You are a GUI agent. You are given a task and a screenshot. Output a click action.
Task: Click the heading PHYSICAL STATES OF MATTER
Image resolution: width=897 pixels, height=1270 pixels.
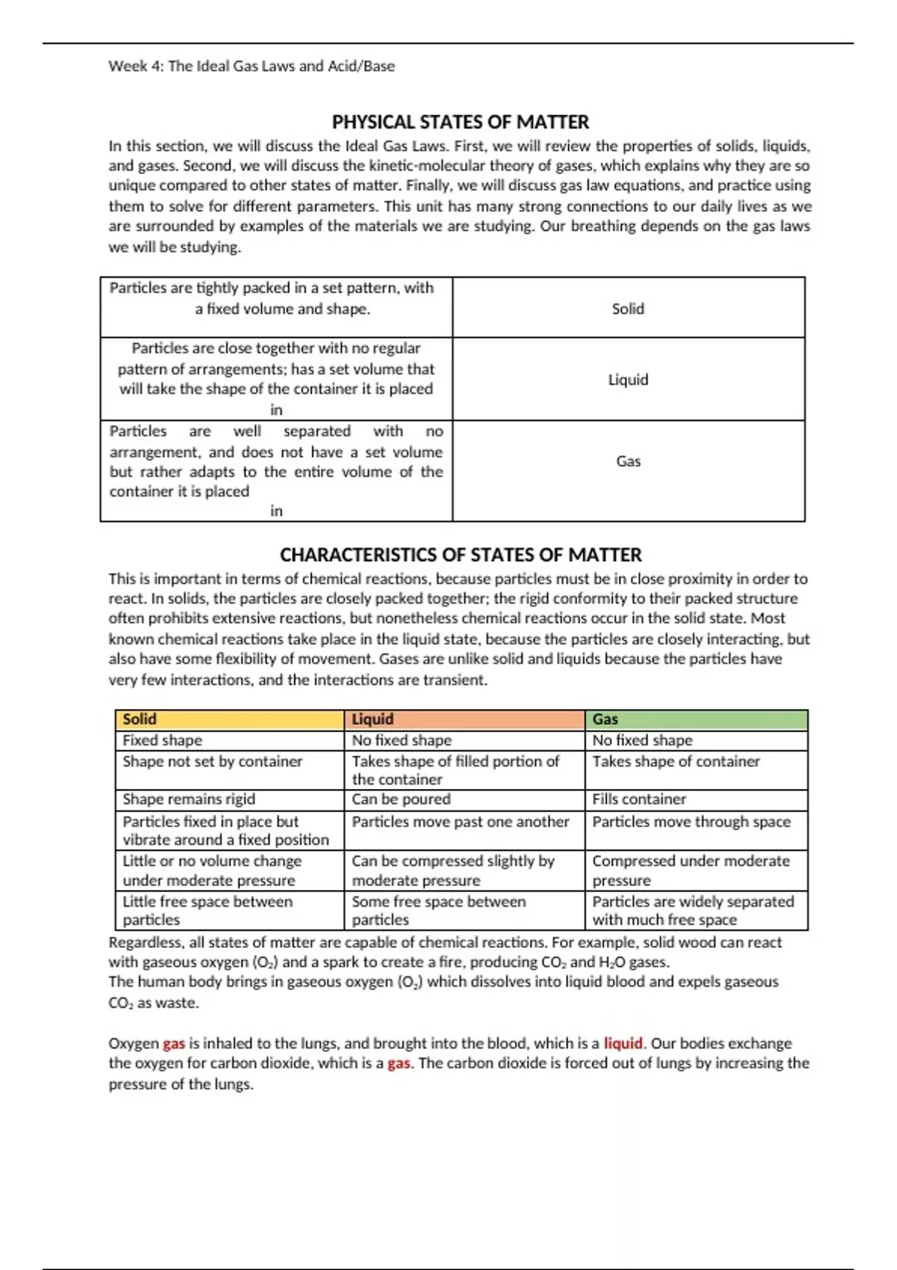coord(460,122)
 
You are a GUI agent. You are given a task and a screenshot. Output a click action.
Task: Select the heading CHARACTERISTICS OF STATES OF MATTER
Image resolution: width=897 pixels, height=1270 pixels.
coord(460,555)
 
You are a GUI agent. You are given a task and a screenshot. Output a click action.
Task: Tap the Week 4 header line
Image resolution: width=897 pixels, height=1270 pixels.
coord(251,66)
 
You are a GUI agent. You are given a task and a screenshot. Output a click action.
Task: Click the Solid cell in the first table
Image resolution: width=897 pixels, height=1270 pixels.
coord(628,309)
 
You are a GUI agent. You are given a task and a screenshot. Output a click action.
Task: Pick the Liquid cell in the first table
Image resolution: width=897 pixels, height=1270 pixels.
coord(628,380)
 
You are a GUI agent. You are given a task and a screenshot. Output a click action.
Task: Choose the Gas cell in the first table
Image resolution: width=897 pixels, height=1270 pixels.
coord(628,461)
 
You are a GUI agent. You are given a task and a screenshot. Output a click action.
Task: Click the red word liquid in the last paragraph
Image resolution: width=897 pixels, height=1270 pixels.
coord(623,1044)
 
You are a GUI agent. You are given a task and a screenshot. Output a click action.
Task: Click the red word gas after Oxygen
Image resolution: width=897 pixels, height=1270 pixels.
coord(173,1044)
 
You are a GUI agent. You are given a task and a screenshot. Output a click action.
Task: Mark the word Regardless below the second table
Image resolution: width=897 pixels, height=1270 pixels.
coord(147,943)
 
